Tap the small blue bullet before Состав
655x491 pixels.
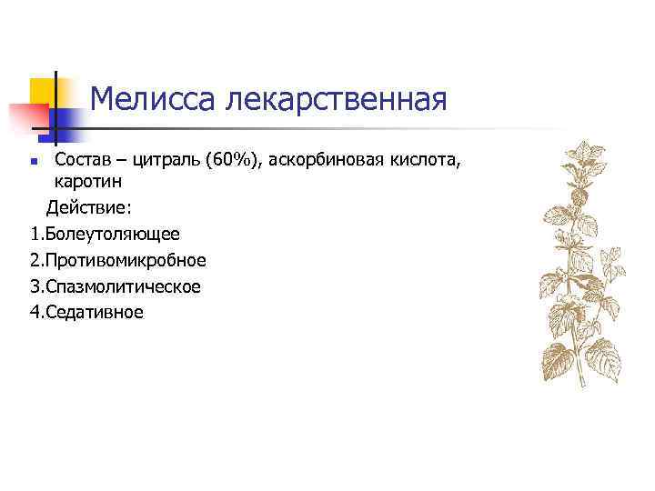[34, 164]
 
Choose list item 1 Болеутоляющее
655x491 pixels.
[105, 234]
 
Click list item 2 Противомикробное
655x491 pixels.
[117, 260]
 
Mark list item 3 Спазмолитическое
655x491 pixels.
[115, 286]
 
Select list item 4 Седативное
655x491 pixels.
[86, 312]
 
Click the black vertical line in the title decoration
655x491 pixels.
[56, 109]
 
